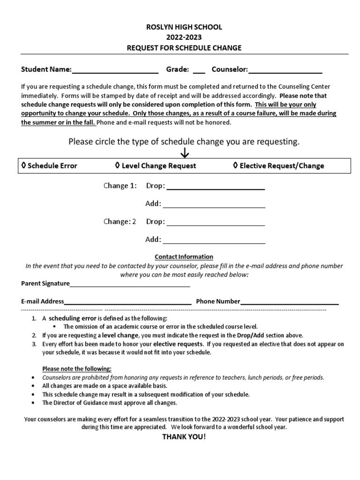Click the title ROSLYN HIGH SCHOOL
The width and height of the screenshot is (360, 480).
184,27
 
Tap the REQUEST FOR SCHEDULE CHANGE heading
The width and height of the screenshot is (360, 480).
184,48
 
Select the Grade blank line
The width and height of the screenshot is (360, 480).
199,72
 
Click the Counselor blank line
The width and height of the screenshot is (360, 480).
285,72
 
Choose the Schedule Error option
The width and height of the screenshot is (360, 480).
49,165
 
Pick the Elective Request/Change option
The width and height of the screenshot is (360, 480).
278,165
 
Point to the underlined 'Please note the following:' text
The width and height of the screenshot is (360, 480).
77,368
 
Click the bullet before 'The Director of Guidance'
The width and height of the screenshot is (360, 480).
32,403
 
